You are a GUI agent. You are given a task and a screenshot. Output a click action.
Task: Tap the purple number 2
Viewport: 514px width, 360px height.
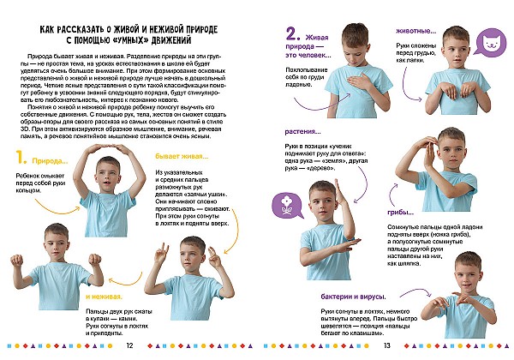pos(292,35)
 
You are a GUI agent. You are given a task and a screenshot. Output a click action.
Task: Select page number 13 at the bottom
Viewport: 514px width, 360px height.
pos(387,345)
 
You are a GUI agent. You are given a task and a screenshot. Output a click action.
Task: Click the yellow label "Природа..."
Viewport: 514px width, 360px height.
pos(48,160)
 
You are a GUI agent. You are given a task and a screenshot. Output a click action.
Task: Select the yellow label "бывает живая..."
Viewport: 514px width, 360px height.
pos(182,157)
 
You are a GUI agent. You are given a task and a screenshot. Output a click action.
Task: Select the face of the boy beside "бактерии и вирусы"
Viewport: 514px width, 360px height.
pos(467,273)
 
